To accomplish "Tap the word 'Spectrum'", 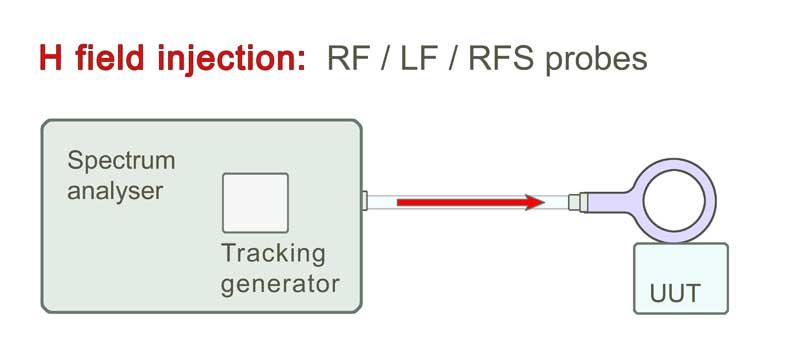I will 120,161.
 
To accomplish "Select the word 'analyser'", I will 114,190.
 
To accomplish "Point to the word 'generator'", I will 279,282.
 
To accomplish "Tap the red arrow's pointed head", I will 535,203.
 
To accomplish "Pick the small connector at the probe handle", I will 574,203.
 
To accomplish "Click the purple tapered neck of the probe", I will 608,202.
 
